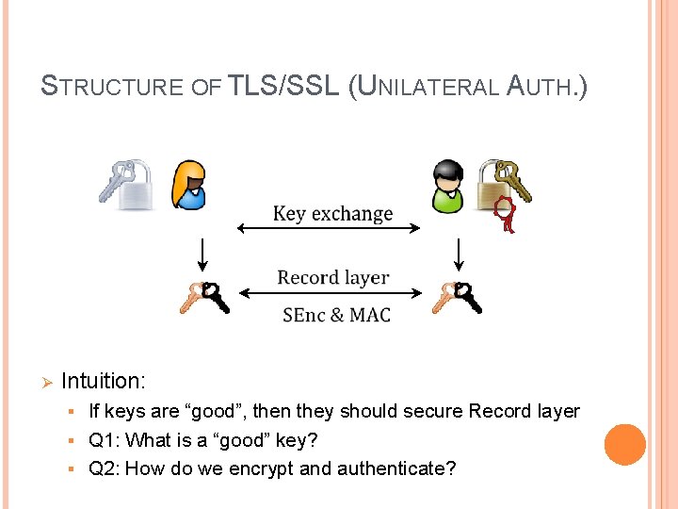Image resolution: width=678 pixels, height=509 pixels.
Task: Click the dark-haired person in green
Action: click(x=446, y=185)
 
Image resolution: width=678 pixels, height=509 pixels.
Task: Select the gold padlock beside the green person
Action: click(x=494, y=182)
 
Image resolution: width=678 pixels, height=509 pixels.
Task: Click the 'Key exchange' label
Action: click(x=331, y=213)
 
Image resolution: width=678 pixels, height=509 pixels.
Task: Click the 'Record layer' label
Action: click(x=332, y=277)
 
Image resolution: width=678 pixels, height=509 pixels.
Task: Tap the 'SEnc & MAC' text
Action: click(x=336, y=315)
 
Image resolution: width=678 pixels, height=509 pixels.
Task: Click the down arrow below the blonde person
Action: click(x=201, y=253)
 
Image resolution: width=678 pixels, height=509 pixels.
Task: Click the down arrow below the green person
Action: click(x=458, y=253)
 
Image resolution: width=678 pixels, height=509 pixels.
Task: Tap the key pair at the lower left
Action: click(x=204, y=298)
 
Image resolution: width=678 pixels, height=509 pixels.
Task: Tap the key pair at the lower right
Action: click(x=457, y=298)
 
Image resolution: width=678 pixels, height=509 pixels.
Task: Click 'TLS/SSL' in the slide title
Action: click(x=283, y=86)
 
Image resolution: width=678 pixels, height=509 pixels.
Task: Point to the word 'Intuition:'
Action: click(x=104, y=381)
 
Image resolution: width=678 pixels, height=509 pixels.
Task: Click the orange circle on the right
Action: click(x=624, y=445)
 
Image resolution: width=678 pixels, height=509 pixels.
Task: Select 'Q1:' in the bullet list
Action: click(x=104, y=440)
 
